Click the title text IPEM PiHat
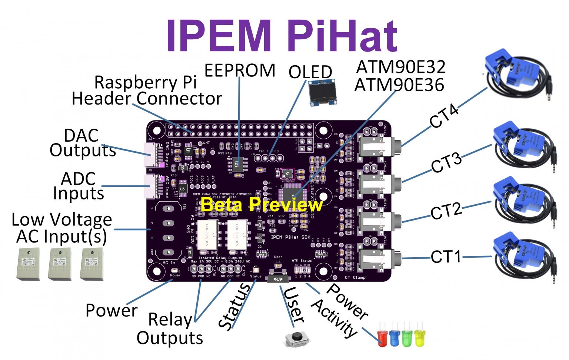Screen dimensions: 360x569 click(282, 36)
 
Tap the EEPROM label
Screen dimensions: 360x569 click(240, 70)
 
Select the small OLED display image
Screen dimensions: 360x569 click(323, 92)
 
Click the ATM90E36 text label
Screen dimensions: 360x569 click(399, 85)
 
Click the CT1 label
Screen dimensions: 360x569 click(446, 257)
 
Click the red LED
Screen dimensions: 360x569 click(382, 337)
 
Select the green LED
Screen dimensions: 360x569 click(407, 337)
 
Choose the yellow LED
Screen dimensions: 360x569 click(420, 337)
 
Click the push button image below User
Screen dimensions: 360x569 click(296, 338)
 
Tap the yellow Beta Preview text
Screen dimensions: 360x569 click(262, 204)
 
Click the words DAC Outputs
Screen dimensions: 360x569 click(82, 143)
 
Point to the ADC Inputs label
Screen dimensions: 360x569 click(79, 186)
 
